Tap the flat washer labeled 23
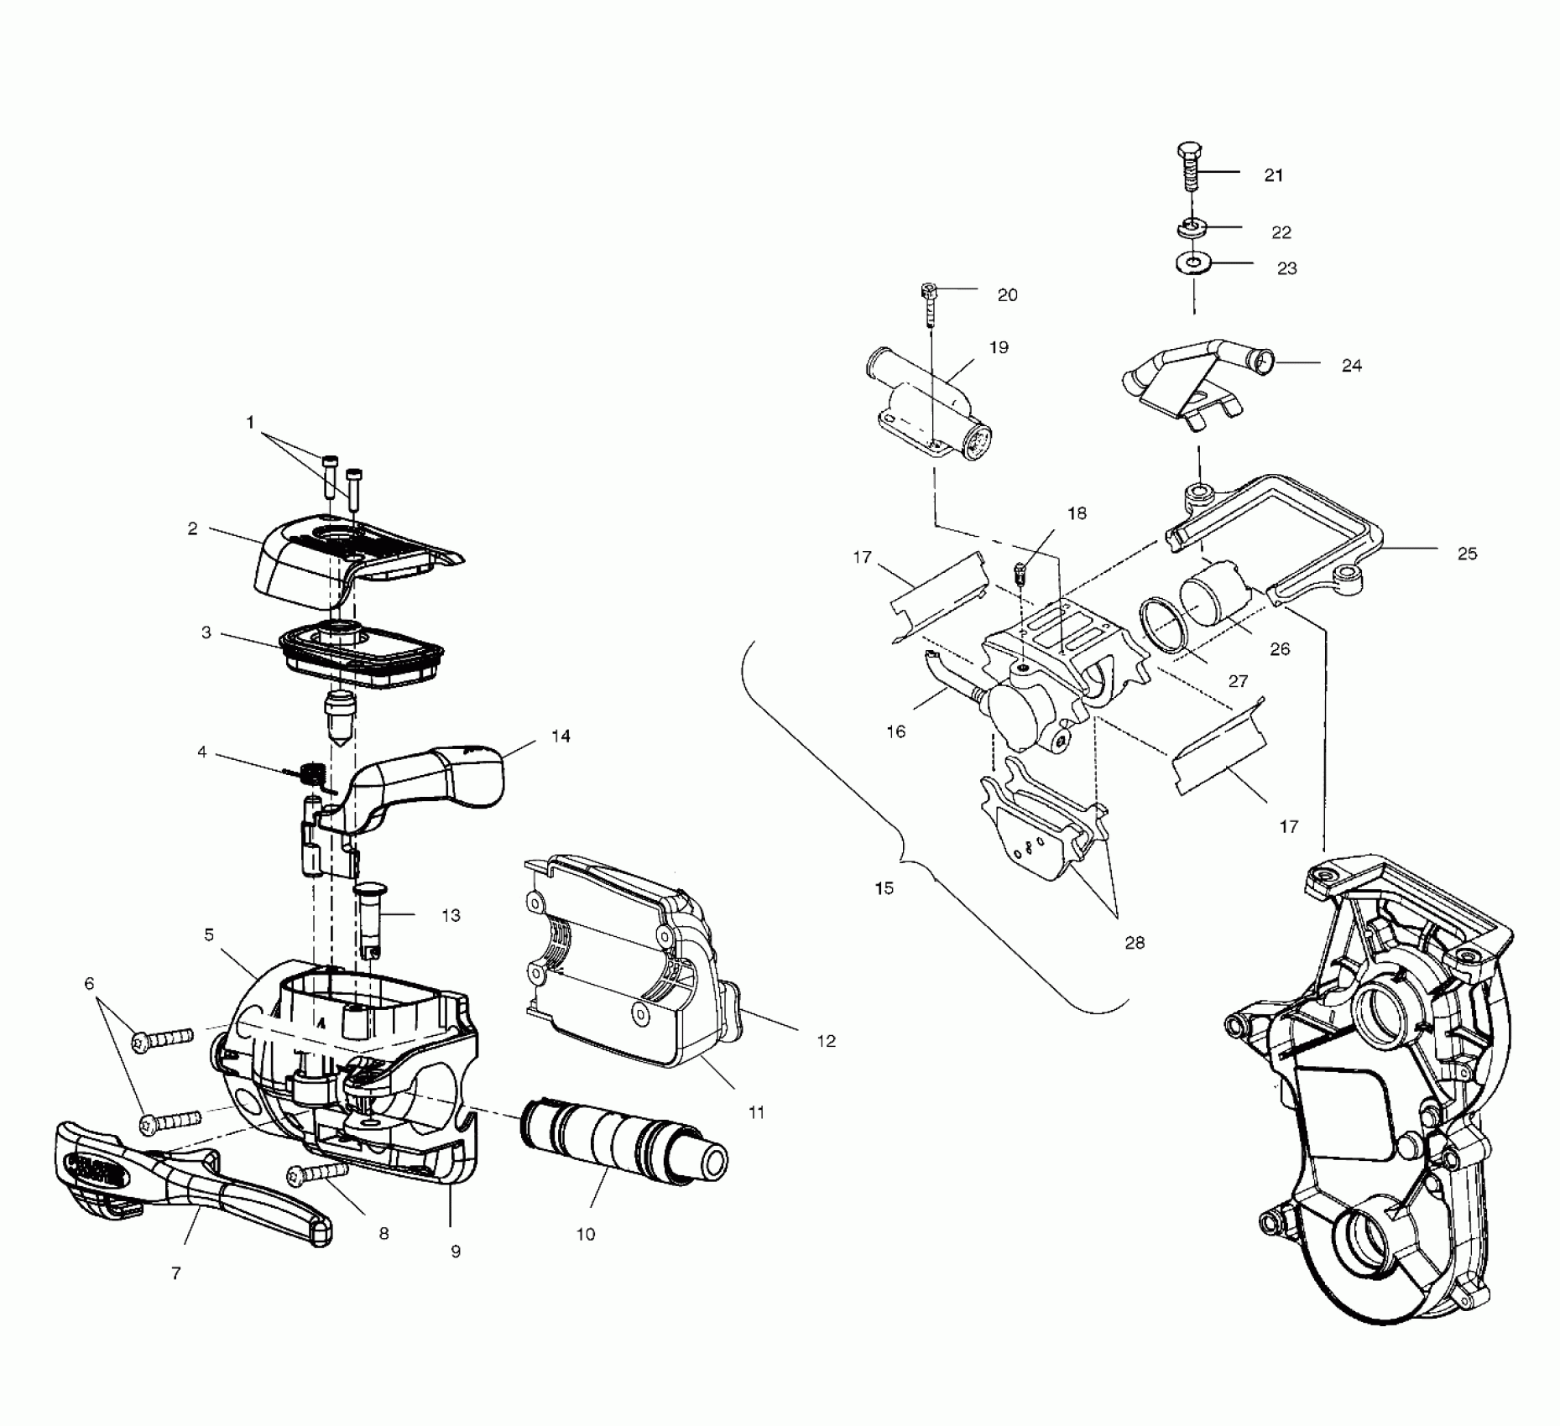1190,264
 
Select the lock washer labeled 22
1189,226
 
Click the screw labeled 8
318,1174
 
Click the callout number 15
884,887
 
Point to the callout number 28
1134,943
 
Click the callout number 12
826,1041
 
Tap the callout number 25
1466,554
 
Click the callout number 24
1351,365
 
